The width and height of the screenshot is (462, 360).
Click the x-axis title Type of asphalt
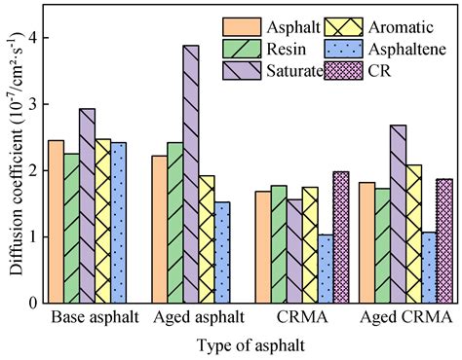[x=250, y=345]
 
